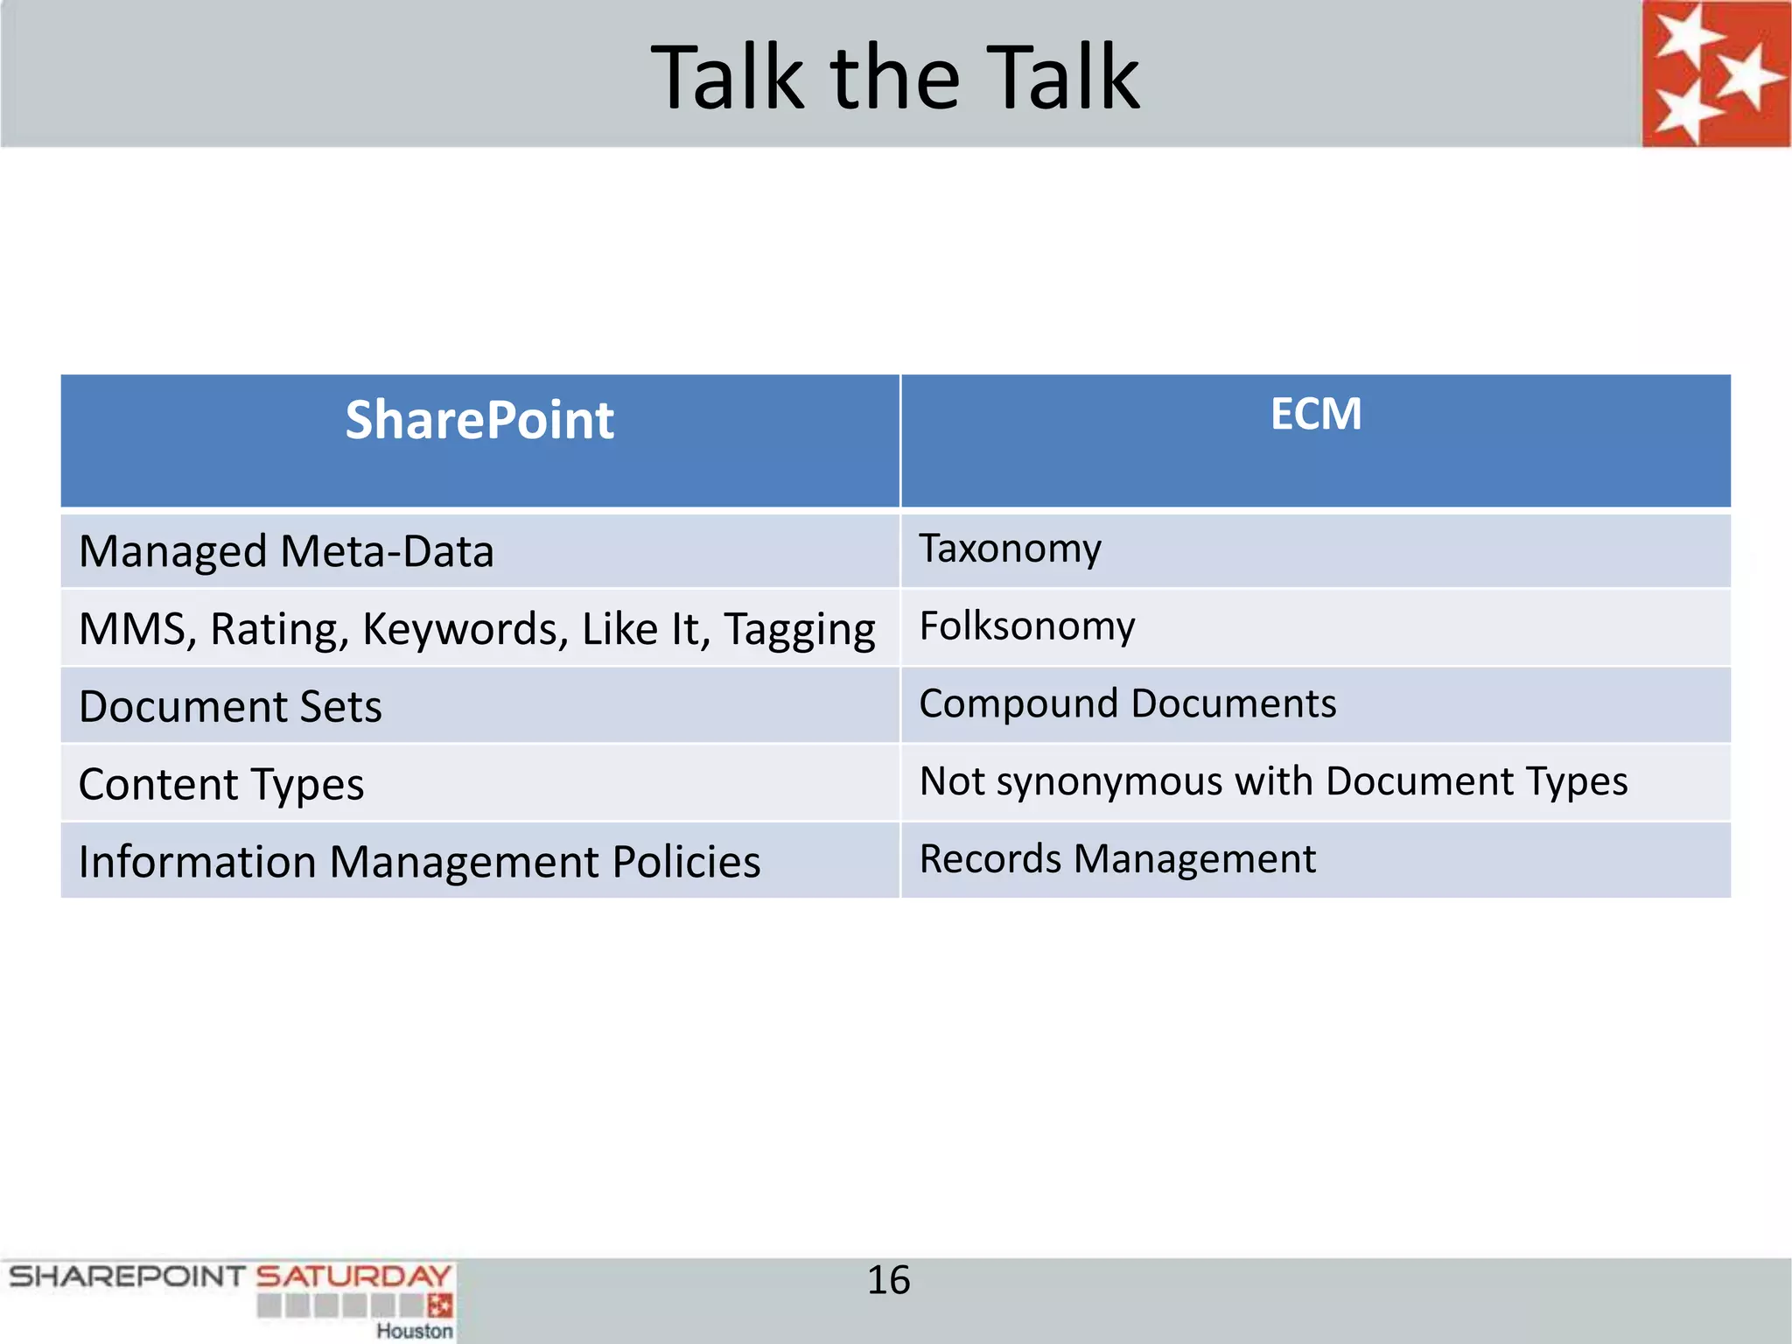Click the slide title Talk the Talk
[x=895, y=79]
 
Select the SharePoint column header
[x=479, y=420]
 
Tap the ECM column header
[x=1315, y=414]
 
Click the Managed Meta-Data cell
[x=286, y=552]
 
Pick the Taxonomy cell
[x=1010, y=549]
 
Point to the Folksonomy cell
[x=1026, y=626]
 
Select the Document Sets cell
[x=230, y=707]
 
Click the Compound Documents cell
[x=1127, y=704]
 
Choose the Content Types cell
[x=221, y=785]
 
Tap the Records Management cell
[x=1116, y=859]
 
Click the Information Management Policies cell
[x=419, y=862]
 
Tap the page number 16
[x=888, y=1280]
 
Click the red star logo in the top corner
[x=1715, y=74]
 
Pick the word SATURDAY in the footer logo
[x=353, y=1277]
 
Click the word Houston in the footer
[x=415, y=1331]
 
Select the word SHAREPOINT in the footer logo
[x=127, y=1277]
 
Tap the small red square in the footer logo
[x=441, y=1305]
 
